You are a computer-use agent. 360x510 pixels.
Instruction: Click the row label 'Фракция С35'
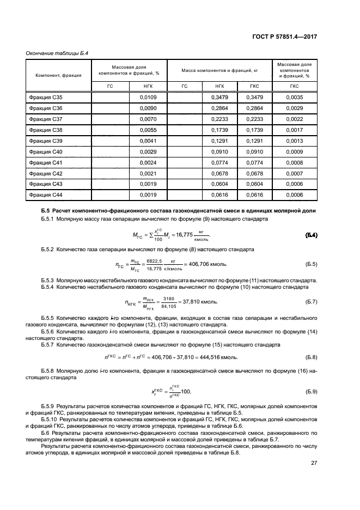point(46,97)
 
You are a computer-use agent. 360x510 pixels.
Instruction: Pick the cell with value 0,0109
point(148,97)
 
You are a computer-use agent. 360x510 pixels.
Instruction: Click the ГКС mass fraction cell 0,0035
point(294,97)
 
